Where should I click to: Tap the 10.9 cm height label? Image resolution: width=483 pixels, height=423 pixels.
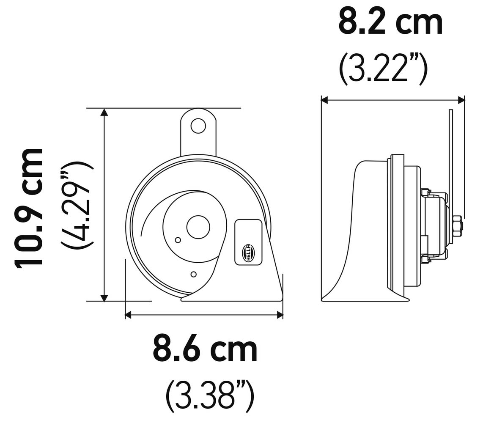point(29,207)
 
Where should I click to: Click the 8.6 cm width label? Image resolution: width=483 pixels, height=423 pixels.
point(205,349)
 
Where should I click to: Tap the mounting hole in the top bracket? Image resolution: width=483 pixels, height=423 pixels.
point(198,126)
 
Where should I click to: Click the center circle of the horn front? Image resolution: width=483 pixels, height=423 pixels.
point(198,227)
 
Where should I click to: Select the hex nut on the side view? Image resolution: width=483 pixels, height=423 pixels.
point(457,226)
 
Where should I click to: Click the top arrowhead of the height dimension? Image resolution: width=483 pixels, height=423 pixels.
point(104,112)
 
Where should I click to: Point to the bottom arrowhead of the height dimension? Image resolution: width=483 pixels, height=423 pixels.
point(104,298)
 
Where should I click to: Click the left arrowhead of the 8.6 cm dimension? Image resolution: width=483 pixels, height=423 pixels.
point(129,315)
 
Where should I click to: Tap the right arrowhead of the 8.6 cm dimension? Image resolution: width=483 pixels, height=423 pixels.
point(280,315)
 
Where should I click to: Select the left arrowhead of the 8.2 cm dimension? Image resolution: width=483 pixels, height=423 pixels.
point(324,100)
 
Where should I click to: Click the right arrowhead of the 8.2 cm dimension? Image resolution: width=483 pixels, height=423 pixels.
point(461,100)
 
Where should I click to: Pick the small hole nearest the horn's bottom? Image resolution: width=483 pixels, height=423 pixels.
point(193,274)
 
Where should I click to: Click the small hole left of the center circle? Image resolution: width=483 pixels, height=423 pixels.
point(178,240)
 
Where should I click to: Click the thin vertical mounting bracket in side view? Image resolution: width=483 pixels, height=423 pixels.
point(450,161)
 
